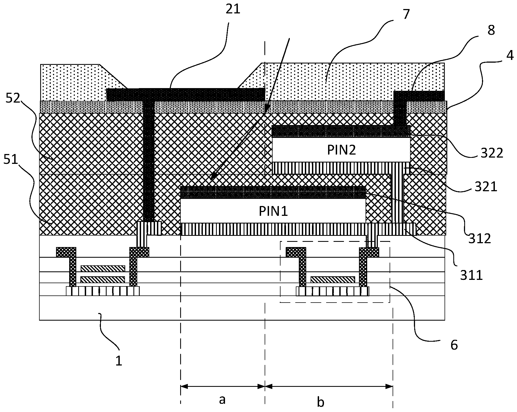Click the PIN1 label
273,211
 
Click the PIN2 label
341,150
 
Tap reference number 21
233,9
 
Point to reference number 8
491,30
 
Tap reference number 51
10,160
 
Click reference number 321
486,187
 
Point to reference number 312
480,238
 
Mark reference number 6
454,345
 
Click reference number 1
119,361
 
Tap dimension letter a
222,400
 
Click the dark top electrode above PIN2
341,131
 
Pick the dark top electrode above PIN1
273,192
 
